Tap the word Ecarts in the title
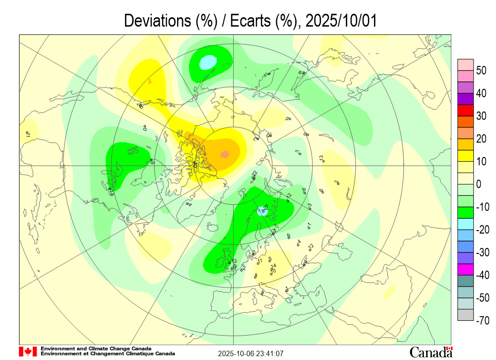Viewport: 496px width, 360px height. (x=254, y=21)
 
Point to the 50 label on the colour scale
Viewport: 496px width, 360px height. (x=481, y=70)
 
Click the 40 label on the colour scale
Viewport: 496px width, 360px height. (x=481, y=93)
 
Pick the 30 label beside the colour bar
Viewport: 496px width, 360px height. (x=481, y=116)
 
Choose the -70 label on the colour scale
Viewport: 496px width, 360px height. (x=482, y=321)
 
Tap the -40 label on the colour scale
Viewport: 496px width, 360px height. (x=482, y=275)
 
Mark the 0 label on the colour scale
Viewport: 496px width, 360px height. (x=479, y=184)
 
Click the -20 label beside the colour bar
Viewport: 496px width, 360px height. (x=482, y=230)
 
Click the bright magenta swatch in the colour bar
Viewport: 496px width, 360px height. (x=466, y=269)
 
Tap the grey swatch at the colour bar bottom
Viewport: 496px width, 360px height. (x=466, y=315)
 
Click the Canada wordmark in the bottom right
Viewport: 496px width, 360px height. (x=431, y=352)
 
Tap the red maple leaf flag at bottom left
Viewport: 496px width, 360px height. (x=28, y=352)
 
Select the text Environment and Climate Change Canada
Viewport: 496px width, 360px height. (x=96, y=349)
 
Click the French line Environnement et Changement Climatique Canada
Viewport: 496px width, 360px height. (x=108, y=354)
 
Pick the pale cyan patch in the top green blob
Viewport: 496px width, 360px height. (x=208, y=62)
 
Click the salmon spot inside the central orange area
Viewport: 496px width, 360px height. (x=225, y=154)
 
